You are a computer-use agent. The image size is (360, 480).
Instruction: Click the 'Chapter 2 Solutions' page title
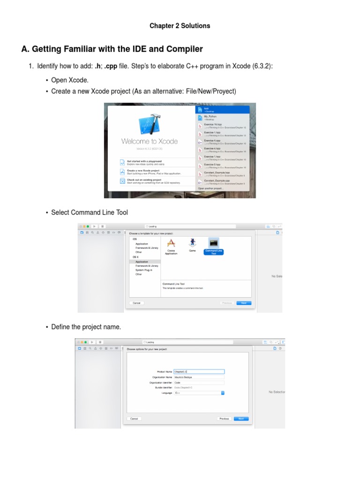180,26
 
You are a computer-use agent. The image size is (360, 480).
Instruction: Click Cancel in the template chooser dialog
136,303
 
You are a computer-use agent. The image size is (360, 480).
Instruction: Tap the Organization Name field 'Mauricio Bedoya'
199,376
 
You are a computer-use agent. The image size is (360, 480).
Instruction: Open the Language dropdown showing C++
199,393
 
